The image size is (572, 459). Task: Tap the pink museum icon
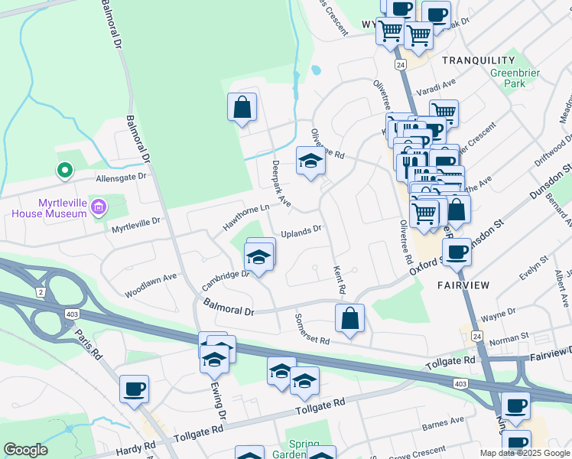tap(98, 207)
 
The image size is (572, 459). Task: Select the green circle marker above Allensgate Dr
tap(65, 171)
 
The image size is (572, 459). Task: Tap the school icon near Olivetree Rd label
tap(309, 161)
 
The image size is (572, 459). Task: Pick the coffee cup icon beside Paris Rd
tap(134, 389)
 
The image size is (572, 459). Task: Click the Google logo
tap(26, 450)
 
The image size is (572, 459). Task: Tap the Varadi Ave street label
tap(436, 87)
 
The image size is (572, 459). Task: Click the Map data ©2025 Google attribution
tap(525, 453)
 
